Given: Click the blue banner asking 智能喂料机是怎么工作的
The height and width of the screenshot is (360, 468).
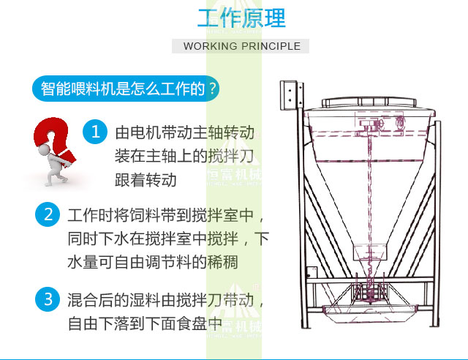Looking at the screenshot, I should pyautogui.click(x=127, y=89).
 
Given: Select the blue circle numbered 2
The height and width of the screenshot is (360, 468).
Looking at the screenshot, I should pyautogui.click(x=48, y=215).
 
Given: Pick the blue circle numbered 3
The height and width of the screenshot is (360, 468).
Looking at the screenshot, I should pyautogui.click(x=48, y=299).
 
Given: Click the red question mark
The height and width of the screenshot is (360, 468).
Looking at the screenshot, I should pyautogui.click(x=58, y=139).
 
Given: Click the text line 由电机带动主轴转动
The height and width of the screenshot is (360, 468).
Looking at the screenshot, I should pyautogui.click(x=185, y=132).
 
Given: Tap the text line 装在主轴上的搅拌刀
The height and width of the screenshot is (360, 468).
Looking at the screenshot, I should pyautogui.click(x=185, y=156).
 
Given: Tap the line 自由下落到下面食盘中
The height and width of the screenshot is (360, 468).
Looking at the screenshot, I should pyautogui.click(x=145, y=323).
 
